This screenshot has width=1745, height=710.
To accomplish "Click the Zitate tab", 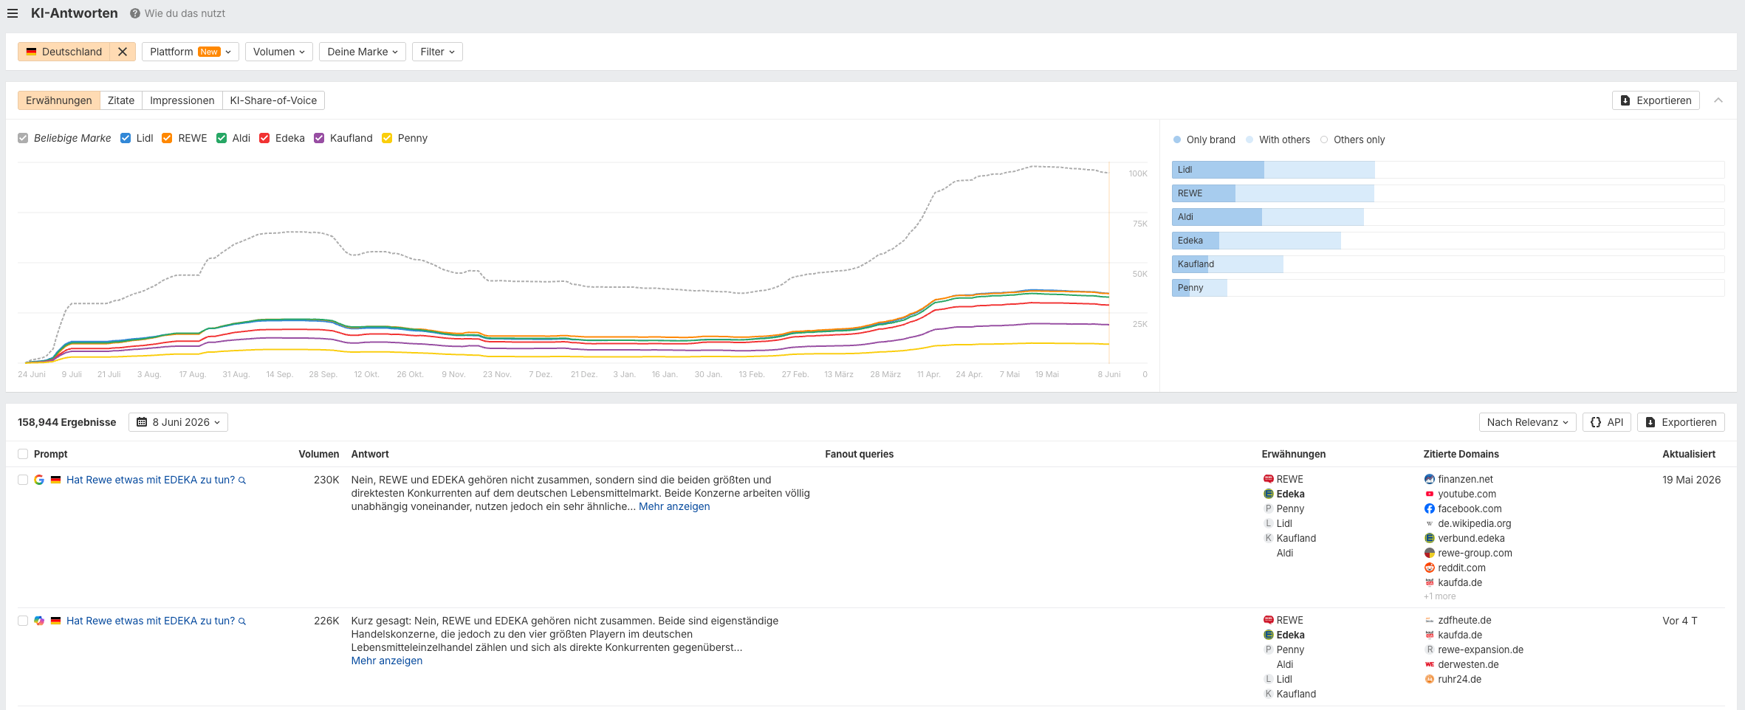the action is (121, 100).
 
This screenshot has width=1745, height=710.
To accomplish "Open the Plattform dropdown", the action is (190, 52).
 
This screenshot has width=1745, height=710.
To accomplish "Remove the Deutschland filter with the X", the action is (123, 52).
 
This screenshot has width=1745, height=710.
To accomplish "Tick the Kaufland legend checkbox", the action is (319, 138).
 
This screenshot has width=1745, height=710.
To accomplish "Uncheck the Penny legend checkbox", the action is (387, 138).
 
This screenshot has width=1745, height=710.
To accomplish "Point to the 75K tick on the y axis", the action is (1139, 224).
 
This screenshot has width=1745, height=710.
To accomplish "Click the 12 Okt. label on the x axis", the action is (366, 374).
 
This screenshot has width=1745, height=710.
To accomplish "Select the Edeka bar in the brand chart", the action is (1256, 241).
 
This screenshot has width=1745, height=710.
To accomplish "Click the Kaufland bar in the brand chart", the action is (1227, 264).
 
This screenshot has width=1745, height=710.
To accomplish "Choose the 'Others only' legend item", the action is (1353, 139).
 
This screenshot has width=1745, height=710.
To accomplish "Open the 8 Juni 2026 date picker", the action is (178, 422).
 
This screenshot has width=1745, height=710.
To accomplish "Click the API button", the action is (1606, 422).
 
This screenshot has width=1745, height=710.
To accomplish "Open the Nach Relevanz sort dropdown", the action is (1527, 422).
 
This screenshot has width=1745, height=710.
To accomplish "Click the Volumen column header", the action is (319, 454).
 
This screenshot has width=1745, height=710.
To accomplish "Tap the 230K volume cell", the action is (326, 480).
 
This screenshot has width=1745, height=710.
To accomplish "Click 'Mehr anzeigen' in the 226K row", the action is (387, 661).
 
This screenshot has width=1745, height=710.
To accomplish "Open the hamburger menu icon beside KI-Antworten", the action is (13, 13).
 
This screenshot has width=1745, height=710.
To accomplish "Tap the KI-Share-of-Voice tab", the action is (273, 100).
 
